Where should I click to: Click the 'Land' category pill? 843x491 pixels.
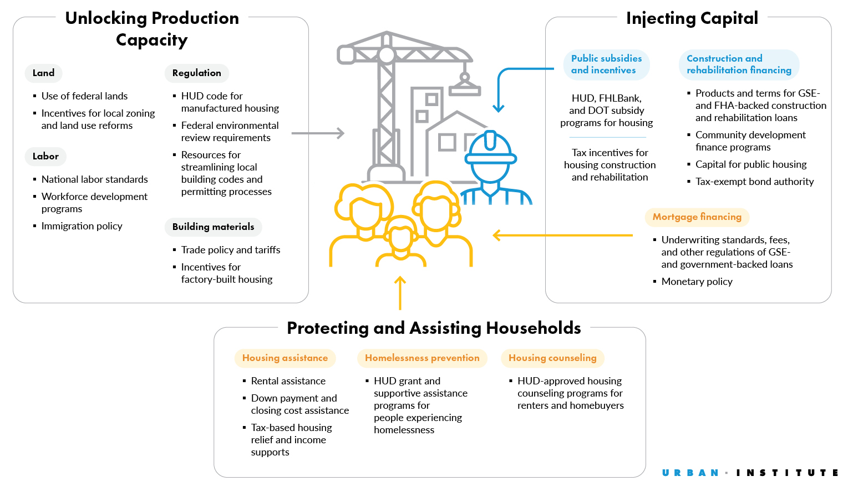click(43, 73)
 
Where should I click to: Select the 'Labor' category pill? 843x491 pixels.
click(45, 156)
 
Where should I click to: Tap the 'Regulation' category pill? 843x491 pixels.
click(196, 73)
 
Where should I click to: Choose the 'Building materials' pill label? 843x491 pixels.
click(213, 227)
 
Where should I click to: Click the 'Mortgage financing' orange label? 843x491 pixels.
click(697, 217)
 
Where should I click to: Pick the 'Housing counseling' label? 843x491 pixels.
click(552, 358)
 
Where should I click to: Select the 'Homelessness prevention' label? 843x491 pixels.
click(422, 358)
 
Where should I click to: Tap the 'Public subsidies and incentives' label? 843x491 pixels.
click(606, 64)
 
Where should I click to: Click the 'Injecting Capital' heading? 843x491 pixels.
click(692, 18)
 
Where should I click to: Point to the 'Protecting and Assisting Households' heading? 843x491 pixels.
click(434, 328)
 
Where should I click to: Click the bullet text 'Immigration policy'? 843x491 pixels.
click(82, 226)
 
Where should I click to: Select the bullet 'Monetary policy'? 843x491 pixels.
click(697, 282)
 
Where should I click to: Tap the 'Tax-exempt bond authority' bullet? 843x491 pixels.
click(754, 182)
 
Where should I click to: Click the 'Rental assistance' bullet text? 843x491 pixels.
click(288, 381)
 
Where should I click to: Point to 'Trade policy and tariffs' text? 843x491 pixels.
click(231, 250)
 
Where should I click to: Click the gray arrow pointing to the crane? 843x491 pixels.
click(317, 133)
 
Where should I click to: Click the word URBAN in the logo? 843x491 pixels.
click(690, 473)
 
